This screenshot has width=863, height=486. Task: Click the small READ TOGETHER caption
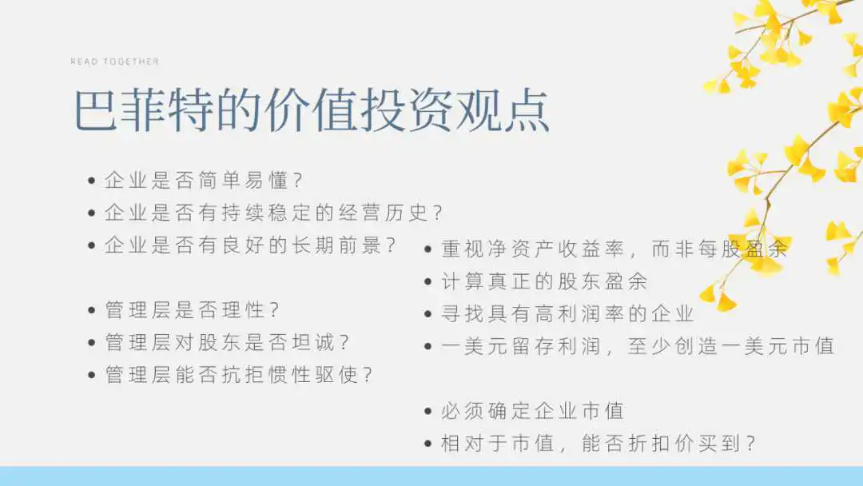[114, 62]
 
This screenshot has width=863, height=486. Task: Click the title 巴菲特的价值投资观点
[312, 110]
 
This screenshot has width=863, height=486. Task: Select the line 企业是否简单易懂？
[204, 180]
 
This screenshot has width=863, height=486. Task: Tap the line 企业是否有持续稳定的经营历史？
[273, 213]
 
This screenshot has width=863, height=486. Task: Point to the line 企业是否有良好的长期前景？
[250, 245]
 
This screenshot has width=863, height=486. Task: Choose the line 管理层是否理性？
[192, 310]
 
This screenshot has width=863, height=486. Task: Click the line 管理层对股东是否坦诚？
[227, 342]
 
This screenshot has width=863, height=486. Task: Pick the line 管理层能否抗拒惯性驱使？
[239, 375]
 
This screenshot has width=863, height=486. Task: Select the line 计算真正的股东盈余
[544, 281]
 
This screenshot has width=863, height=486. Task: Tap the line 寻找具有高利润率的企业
[567, 313]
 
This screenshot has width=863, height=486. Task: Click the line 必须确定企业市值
[533, 411]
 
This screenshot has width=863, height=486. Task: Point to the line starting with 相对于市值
[599, 443]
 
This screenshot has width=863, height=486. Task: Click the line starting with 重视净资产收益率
[614, 249]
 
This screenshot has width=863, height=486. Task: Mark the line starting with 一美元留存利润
[638, 346]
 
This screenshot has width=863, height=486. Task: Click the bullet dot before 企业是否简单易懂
[92, 181]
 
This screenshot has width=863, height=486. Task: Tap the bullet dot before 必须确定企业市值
[428, 411]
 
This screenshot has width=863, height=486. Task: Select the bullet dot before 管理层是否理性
[92, 310]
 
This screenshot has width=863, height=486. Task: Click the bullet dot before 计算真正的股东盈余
[428, 282]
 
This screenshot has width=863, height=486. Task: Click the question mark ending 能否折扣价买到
[750, 443]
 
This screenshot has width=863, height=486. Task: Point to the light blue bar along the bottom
[431, 476]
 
